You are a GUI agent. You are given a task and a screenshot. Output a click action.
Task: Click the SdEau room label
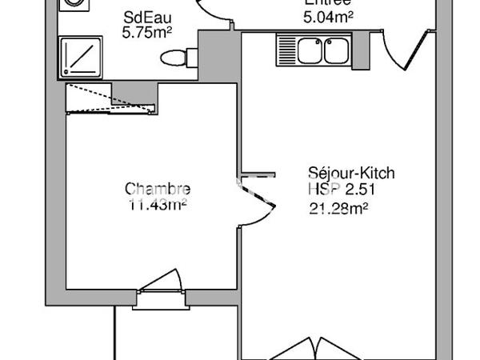(145, 18)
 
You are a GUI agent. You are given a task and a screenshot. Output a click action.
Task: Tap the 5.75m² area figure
(147, 34)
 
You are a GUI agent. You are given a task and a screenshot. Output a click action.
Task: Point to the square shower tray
(81, 57)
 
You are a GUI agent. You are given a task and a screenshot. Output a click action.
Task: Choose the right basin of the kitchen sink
(334, 50)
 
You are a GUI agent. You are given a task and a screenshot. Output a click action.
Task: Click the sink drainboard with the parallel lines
(286, 50)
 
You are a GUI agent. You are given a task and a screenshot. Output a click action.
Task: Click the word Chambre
(158, 190)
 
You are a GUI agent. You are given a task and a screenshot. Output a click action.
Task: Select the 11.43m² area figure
(158, 204)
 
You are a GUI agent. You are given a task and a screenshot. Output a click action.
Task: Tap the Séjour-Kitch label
(352, 173)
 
